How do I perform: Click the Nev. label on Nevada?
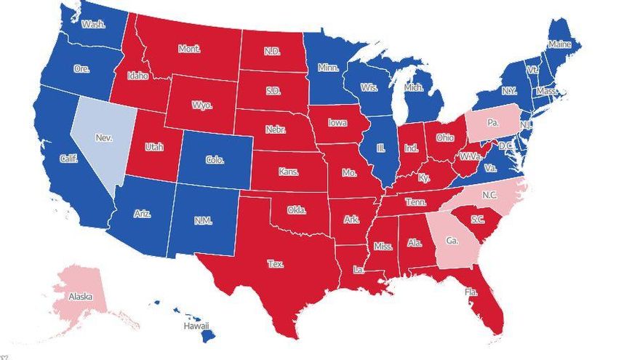click(104, 136)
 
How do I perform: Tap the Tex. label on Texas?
click(275, 263)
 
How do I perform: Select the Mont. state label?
click(189, 49)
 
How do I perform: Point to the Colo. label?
click(214, 160)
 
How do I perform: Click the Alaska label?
click(80, 297)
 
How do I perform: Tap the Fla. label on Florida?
click(471, 292)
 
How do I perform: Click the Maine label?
click(559, 44)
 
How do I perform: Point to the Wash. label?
click(93, 24)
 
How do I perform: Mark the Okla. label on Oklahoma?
click(296, 209)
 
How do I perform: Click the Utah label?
click(154, 146)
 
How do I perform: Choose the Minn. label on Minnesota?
click(328, 68)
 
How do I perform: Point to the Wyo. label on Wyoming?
click(202, 105)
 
